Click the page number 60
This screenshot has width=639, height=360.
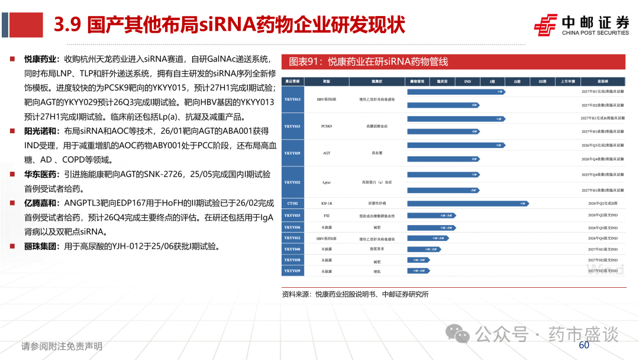[584, 345]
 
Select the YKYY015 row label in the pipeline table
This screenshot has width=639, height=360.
[292, 126]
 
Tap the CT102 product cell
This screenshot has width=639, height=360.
[292, 203]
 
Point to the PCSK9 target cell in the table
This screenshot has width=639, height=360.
[326, 126]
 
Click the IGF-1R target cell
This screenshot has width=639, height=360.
[326, 203]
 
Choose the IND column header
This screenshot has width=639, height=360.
[467, 81]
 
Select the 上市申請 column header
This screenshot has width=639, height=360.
[567, 81]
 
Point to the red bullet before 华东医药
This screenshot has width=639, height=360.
[12, 175]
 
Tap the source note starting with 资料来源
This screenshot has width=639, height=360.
[355, 294]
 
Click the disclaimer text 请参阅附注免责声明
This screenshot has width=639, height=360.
[62, 346]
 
